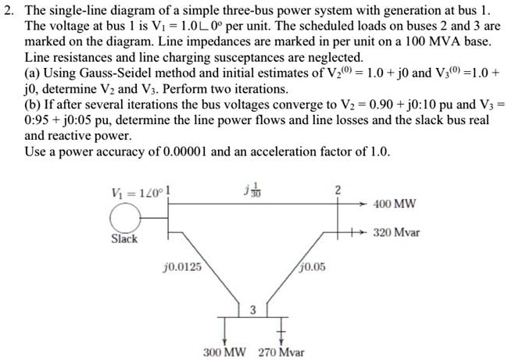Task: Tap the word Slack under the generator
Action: click(x=123, y=238)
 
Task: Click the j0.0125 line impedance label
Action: click(x=182, y=266)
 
